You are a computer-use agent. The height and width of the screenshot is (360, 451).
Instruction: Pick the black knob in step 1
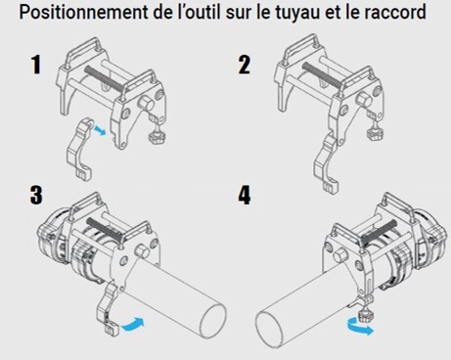click(x=156, y=140)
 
